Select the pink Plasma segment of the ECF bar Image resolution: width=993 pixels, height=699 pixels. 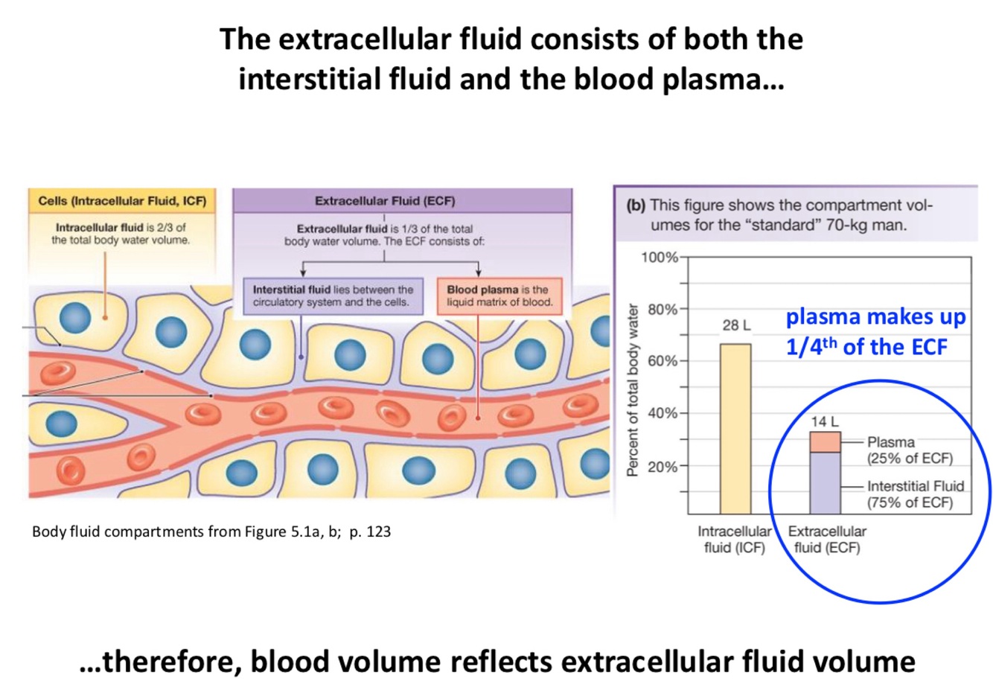825,442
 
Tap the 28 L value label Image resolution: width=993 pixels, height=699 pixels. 736,325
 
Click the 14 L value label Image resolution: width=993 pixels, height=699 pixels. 824,421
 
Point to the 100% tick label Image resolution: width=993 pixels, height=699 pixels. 660,258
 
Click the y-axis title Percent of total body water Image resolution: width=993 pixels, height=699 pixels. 633,390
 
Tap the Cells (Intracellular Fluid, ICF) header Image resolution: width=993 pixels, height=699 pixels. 122,201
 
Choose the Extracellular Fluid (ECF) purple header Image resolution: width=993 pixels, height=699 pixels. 384,201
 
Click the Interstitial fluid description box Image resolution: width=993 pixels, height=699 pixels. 333,296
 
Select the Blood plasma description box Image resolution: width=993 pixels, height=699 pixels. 499,296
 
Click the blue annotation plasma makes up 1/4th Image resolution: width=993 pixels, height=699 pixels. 875,331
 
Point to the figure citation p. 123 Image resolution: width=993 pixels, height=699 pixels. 369,532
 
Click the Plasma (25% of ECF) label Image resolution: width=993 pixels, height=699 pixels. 909,450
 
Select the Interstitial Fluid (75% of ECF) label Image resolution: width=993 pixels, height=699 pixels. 915,494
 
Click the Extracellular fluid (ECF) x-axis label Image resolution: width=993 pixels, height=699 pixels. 826,540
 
